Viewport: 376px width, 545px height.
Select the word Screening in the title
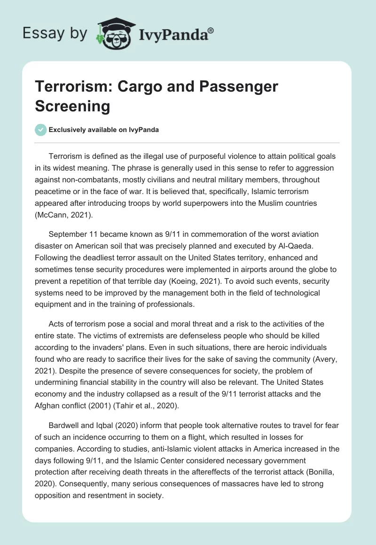click(72, 106)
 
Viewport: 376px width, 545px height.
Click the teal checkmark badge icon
click(41, 130)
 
